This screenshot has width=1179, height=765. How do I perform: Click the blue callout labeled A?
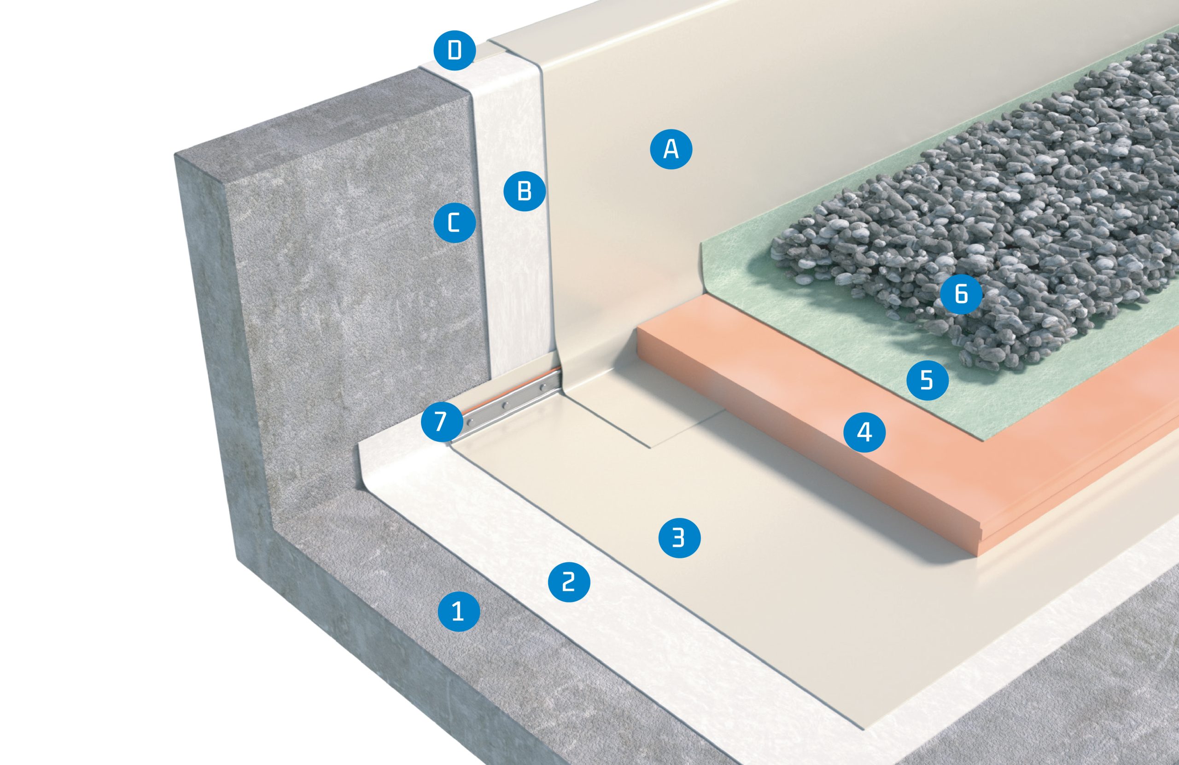(x=671, y=148)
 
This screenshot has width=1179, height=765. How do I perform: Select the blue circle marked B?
(x=525, y=190)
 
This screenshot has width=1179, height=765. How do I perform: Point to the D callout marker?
(x=455, y=51)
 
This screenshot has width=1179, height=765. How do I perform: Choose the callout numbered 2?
(x=569, y=581)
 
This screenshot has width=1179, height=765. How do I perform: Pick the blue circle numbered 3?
(x=679, y=537)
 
